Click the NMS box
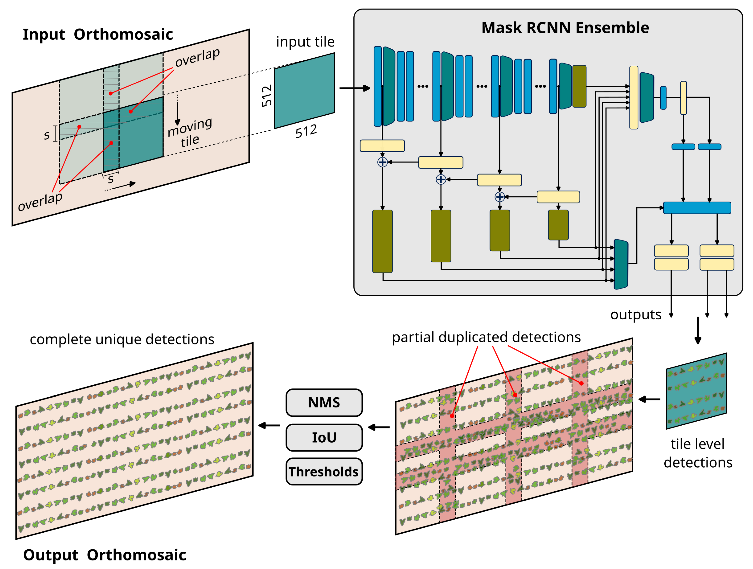(x=324, y=403)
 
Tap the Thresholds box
(x=324, y=472)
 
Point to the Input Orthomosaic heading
(x=98, y=34)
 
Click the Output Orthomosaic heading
(x=104, y=555)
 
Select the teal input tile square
(x=304, y=90)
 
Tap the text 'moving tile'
(x=190, y=133)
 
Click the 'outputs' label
(x=636, y=315)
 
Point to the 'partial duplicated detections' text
(x=486, y=337)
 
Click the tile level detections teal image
(x=696, y=391)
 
